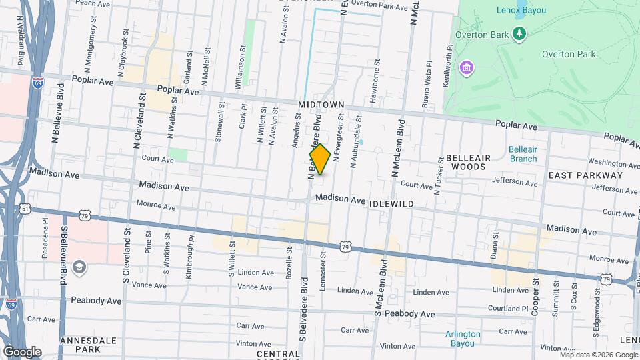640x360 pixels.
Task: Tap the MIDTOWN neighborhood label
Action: pos(321,105)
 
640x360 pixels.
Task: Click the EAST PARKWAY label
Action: pos(585,175)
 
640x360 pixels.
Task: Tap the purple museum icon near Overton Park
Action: pos(466,67)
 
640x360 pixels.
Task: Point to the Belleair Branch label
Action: pos(522,154)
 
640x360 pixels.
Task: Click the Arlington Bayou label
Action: pos(463,339)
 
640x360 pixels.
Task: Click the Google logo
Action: pos(22,351)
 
